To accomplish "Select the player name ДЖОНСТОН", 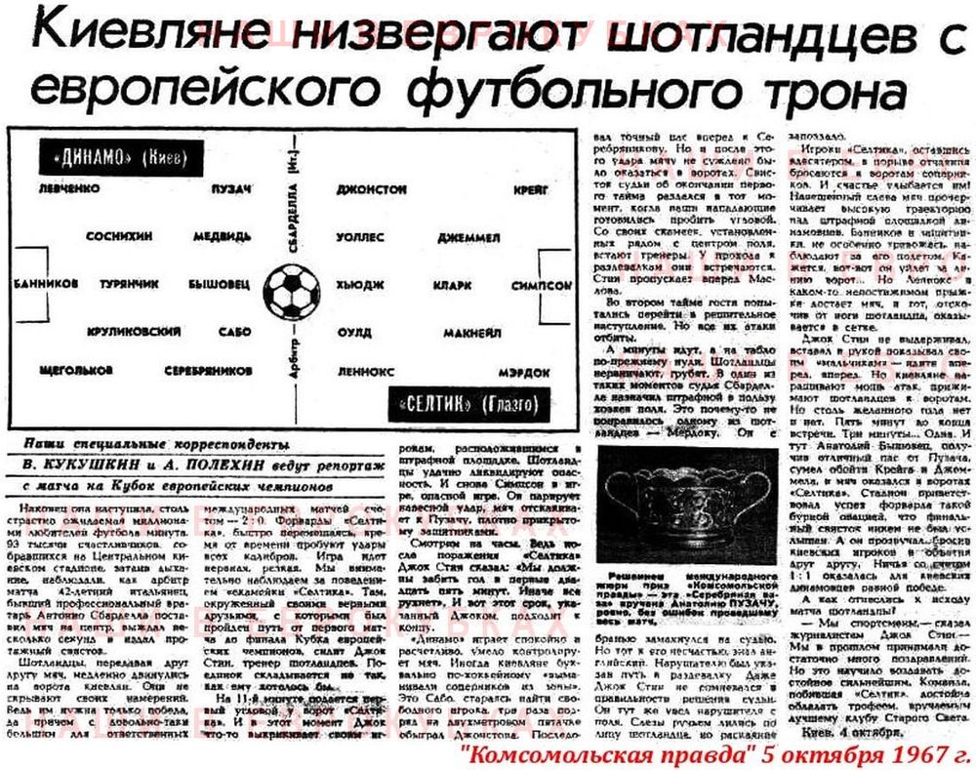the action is [371, 188].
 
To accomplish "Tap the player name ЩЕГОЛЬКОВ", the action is [77, 372].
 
